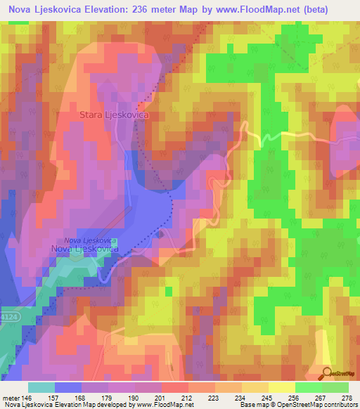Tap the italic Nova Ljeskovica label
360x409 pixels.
pyautogui.click(x=84, y=240)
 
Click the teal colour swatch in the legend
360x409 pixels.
pyautogui.click(x=41, y=387)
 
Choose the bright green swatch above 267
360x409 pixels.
pyautogui.click(x=308, y=387)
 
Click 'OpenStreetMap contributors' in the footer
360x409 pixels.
pyautogui.click(x=317, y=405)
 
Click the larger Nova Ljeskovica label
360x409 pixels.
pyautogui.click(x=84, y=249)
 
